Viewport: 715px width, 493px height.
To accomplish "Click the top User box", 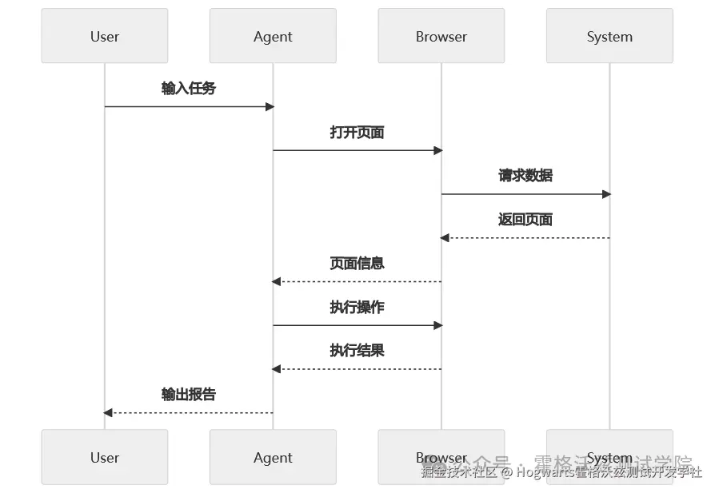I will (105, 36).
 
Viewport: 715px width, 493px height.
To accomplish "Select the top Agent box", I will (273, 36).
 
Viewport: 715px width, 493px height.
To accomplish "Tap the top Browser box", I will (441, 36).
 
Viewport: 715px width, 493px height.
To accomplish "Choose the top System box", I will (609, 36).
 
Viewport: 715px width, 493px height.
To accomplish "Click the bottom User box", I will (105, 457).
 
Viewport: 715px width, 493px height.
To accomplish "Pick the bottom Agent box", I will (273, 457).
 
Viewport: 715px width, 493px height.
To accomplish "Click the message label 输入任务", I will (189, 88).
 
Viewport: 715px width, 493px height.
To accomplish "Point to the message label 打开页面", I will (357, 132).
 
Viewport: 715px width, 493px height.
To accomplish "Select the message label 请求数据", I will (525, 176).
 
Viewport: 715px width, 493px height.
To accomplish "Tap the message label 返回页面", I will (525, 220).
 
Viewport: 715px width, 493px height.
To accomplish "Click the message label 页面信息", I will (357, 263).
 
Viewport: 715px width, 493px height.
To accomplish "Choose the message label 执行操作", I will (357, 307).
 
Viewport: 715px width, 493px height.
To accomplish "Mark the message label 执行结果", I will (357, 351).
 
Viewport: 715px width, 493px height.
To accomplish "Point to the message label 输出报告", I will (189, 395).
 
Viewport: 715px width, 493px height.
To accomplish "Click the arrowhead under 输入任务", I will (270, 106).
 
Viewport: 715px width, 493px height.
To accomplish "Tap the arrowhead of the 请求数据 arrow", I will (606, 194).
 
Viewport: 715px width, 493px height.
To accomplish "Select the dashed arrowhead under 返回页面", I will (445, 238).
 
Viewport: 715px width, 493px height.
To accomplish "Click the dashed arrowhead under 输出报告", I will (108, 413).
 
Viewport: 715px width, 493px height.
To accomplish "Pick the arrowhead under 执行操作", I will (437, 325).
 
